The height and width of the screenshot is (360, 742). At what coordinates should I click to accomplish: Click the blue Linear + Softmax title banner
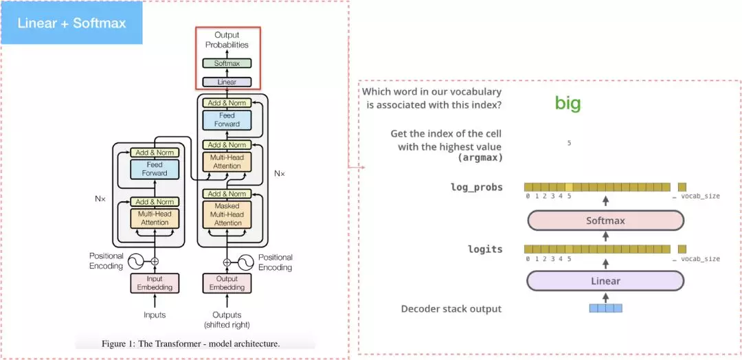71,23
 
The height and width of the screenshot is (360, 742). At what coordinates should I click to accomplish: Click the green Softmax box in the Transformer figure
227,63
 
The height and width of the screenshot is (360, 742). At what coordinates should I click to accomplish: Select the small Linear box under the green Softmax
227,82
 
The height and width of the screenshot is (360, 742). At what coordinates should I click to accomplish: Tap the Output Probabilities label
227,40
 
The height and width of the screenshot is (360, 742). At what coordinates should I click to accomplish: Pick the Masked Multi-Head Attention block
227,214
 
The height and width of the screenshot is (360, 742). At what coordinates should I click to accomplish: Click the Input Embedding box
155,283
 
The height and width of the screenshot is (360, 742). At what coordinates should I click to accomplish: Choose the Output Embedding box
227,283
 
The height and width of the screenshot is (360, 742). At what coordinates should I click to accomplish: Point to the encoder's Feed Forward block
155,169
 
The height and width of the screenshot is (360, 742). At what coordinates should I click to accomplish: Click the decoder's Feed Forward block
227,120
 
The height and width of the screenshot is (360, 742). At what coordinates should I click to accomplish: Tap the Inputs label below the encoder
155,315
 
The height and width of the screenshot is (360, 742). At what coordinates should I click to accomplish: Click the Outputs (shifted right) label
227,319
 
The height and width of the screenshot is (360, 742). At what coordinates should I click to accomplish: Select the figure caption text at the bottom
191,344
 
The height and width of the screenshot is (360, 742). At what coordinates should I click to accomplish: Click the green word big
568,104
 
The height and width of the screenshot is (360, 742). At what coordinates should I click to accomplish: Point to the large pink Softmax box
605,221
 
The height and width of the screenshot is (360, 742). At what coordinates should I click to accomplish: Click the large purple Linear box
605,281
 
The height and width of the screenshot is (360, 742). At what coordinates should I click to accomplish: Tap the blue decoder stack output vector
605,308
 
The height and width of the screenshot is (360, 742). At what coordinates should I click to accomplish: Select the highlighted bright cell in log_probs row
569,187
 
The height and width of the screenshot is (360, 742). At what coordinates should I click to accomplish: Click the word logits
485,249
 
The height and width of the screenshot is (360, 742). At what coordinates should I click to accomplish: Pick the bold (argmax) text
480,158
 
